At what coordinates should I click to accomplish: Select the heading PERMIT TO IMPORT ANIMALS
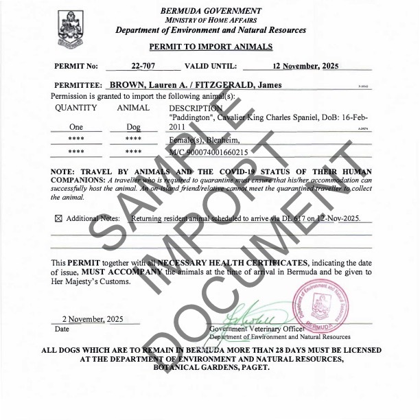pos(211,47)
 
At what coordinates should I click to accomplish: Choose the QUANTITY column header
pos(76,108)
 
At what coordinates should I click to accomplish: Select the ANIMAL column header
pos(133,108)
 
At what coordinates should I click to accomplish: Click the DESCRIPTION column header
pos(196,108)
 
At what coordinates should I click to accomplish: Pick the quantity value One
pos(76,127)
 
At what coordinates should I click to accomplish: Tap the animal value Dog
pos(133,127)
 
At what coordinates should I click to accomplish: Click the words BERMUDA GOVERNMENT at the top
pos(211,10)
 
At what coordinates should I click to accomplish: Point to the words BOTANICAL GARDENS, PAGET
pos(211,367)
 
